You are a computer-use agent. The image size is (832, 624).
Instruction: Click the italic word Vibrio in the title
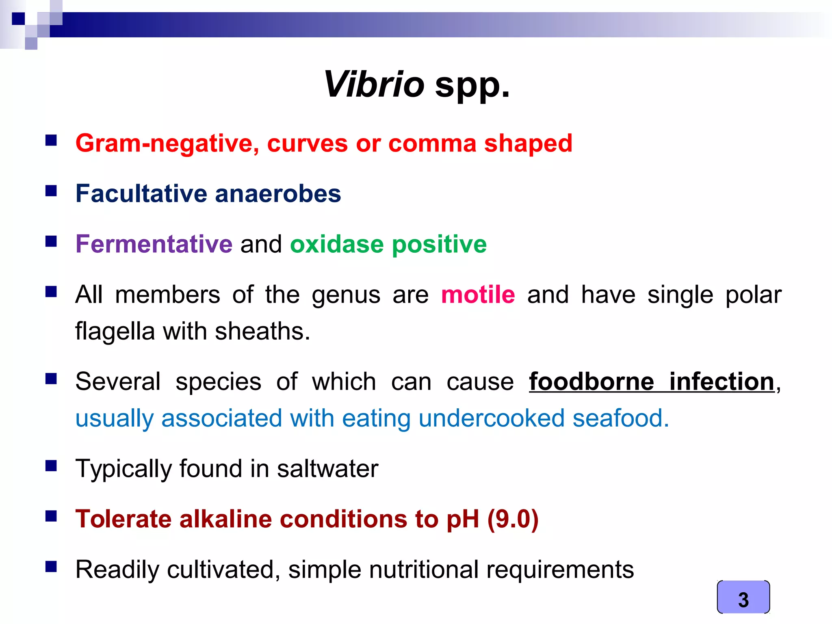point(374,84)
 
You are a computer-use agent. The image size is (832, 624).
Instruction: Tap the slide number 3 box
point(743,597)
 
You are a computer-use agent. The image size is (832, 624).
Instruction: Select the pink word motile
point(478,295)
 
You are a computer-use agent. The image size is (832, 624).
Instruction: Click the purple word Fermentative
point(154,244)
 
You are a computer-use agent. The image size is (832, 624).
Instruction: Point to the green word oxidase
point(337,244)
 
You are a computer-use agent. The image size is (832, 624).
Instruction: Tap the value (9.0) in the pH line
point(513,519)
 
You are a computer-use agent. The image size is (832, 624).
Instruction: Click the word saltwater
point(327,468)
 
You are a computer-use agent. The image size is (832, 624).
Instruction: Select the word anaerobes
point(278,193)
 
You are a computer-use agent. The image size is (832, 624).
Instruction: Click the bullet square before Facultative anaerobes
point(51,191)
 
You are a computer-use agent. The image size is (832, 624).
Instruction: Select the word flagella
point(115,331)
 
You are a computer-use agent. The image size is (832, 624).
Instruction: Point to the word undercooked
point(492,418)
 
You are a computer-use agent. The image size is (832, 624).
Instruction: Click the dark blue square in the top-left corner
point(18,19)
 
